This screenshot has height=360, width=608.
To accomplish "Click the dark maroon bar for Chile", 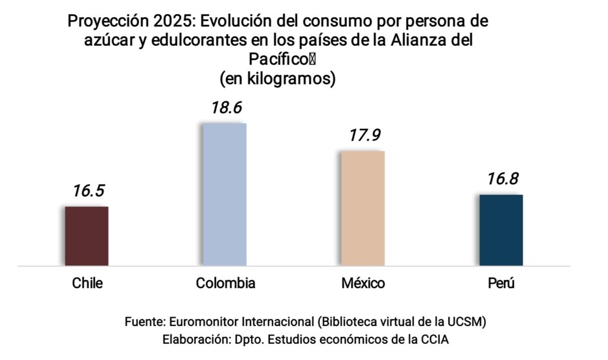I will [x=87, y=236].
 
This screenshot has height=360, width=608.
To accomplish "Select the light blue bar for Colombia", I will [x=224, y=194].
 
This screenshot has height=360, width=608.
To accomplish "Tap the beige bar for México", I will [x=363, y=208].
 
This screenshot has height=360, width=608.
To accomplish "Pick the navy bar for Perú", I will [x=501, y=230].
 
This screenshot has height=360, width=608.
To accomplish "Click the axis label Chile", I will [x=87, y=283].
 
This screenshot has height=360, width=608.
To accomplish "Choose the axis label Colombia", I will [x=226, y=283].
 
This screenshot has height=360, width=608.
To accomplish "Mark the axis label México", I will [x=363, y=283].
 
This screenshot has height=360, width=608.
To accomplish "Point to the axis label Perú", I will [x=501, y=283].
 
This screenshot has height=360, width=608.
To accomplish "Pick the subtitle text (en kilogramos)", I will [x=277, y=78].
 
